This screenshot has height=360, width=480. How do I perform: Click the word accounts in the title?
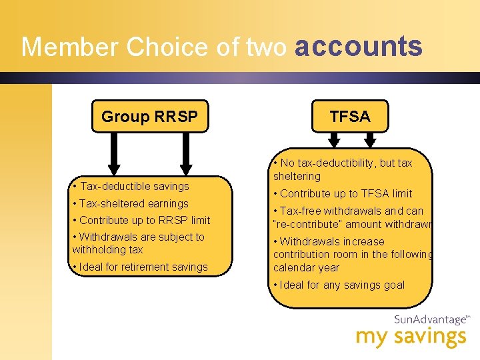pos(359,47)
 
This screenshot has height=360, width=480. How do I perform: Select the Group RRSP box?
pos(150,117)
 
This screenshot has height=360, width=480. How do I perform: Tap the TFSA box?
pos(350,117)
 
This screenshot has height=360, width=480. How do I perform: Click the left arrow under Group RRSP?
pos(114,152)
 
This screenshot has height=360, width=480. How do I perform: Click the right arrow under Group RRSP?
pos(186,152)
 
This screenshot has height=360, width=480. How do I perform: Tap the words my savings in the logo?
pos(411,337)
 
